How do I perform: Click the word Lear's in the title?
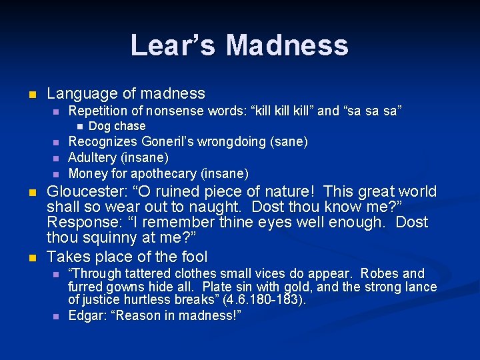tap(173, 45)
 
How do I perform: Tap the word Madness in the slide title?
tap(287, 45)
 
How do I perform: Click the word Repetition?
tap(102, 111)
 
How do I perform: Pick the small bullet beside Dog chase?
tap(79, 126)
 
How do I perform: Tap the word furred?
tap(85, 287)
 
